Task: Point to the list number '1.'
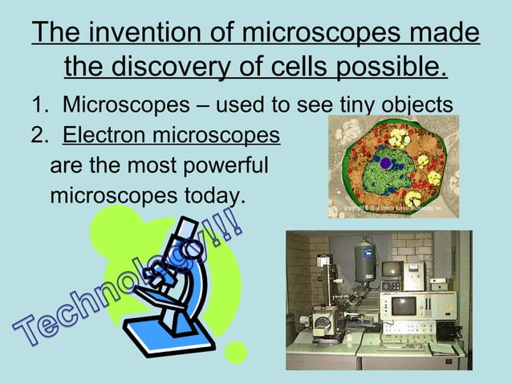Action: [x=41, y=104]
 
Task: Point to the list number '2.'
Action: [x=41, y=134]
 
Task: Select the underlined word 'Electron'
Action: [x=109, y=134]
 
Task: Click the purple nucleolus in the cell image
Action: [x=385, y=163]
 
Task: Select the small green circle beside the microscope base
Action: [x=236, y=351]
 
